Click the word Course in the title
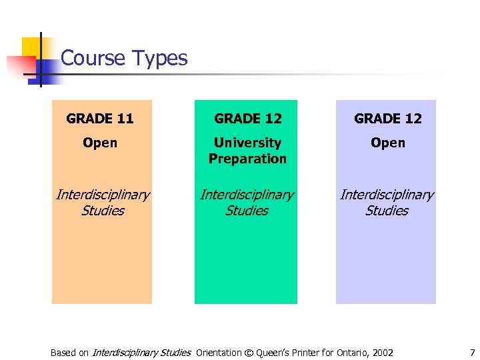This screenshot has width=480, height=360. (x=91, y=59)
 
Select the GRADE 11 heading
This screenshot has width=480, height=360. (x=100, y=119)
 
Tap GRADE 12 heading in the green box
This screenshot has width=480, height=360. (x=247, y=119)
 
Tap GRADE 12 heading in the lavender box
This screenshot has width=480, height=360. (x=387, y=119)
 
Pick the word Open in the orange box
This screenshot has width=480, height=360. (x=100, y=143)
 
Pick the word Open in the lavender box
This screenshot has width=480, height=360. (x=387, y=143)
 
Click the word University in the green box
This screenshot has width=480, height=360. (x=247, y=143)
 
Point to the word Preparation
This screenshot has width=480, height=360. (x=247, y=159)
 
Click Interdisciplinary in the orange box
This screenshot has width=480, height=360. (x=103, y=195)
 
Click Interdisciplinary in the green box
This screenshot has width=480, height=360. (x=247, y=195)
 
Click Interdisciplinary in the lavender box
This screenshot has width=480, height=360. (x=387, y=195)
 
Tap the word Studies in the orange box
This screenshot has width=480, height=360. (x=103, y=211)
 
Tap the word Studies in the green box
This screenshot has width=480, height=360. (x=247, y=211)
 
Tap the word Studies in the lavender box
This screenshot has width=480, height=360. (x=387, y=211)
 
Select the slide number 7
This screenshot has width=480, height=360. (x=472, y=353)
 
